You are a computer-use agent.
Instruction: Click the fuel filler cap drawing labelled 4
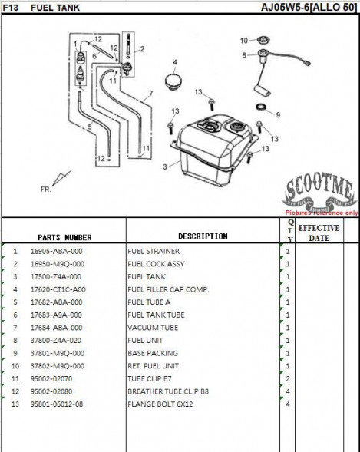pyautogui.click(x=173, y=82)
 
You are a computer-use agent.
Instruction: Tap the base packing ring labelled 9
pyautogui.click(x=261, y=107)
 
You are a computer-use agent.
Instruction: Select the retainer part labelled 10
pyautogui.click(x=263, y=41)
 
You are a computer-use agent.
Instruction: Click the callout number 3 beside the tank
pyautogui.click(x=165, y=167)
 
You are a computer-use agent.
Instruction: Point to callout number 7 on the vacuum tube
pyautogui.click(x=150, y=94)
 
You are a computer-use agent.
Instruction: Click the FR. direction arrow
pyautogui.click(x=61, y=178)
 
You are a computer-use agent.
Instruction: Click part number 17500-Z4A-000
pyautogui.click(x=56, y=277)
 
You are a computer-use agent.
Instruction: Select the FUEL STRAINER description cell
pyautogui.click(x=154, y=252)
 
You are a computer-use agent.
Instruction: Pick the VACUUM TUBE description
pyautogui.click(x=153, y=328)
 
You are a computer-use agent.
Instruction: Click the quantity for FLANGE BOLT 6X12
pyautogui.click(x=288, y=404)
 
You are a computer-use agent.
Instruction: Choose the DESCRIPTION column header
pyautogui.click(x=203, y=236)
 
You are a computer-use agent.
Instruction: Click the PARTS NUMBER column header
pyautogui.click(x=64, y=238)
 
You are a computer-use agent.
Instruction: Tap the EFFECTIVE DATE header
pyautogui.click(x=319, y=233)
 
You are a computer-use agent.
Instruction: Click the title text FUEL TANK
pyautogui.click(x=55, y=8)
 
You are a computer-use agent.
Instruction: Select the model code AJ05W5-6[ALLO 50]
pyautogui.click(x=309, y=7)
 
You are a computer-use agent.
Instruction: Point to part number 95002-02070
pyautogui.click(x=51, y=379)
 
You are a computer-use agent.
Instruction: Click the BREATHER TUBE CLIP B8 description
pyautogui.click(x=168, y=391)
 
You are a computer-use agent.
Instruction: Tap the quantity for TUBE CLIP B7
pyautogui.click(x=288, y=379)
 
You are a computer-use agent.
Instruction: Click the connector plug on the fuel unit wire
pyautogui.click(x=307, y=63)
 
